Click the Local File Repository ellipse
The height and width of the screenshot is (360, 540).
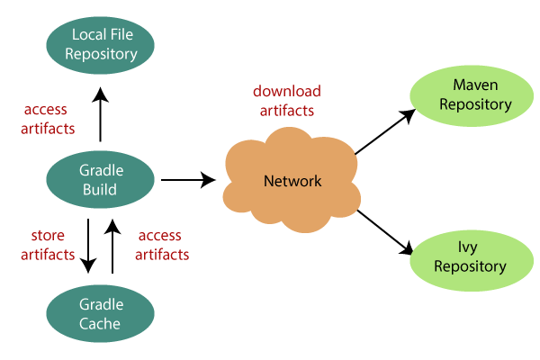click(x=101, y=45)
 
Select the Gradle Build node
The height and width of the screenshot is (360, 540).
click(x=101, y=181)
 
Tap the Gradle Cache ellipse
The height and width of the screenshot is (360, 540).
click(x=101, y=314)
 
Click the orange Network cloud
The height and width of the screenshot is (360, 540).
click(x=292, y=181)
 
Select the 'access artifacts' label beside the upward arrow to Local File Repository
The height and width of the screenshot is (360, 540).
click(x=48, y=119)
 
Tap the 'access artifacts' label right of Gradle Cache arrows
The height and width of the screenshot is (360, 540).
click(x=162, y=245)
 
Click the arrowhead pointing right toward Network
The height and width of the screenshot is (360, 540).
click(x=209, y=181)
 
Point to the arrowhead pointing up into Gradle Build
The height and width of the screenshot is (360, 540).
click(x=112, y=227)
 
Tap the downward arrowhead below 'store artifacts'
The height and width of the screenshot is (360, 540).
click(x=87, y=265)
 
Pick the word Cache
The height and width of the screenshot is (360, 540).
click(x=101, y=324)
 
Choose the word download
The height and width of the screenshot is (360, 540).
click(x=286, y=92)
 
